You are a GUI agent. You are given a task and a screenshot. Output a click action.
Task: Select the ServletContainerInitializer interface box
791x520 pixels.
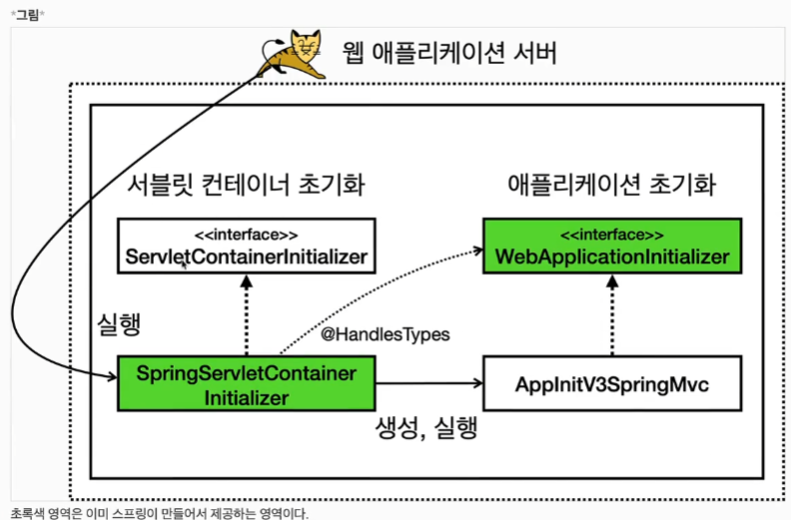pos(246,245)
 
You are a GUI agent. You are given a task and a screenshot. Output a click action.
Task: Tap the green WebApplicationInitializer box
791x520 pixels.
pos(612,245)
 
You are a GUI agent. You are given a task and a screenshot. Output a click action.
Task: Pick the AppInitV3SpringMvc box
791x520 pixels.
pos(612,382)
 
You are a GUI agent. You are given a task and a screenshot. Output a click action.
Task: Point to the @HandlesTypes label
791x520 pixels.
pos(385,335)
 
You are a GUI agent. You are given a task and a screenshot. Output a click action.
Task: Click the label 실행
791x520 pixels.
pos(124,324)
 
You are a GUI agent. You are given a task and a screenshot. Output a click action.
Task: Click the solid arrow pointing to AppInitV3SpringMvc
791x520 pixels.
pos(429,382)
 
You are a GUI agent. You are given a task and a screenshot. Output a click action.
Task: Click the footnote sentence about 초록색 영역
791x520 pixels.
pos(160,513)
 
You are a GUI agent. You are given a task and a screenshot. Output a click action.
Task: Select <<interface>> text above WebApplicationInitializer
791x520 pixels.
pos(612,235)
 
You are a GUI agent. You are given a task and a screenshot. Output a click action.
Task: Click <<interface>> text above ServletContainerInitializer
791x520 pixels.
pos(246,235)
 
